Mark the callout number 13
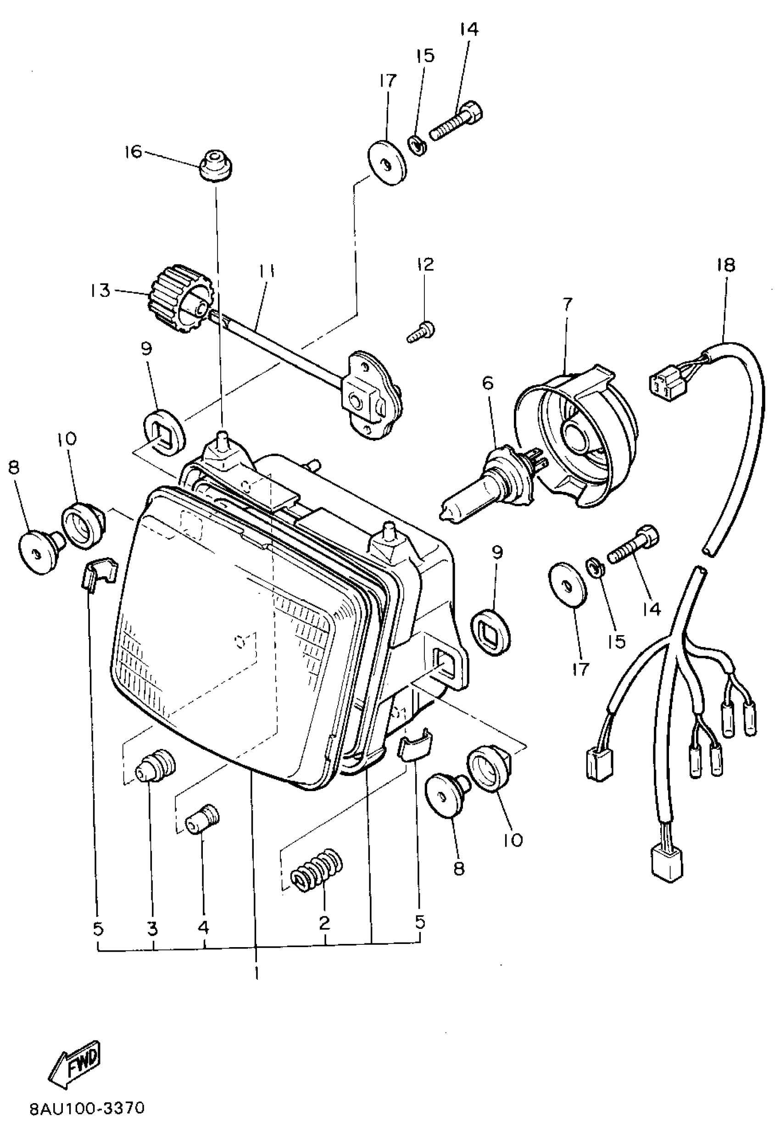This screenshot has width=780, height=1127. [x=100, y=291]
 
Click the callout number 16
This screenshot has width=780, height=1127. [x=133, y=152]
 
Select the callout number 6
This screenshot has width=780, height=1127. [x=488, y=383]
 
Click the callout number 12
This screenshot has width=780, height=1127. [x=425, y=265]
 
